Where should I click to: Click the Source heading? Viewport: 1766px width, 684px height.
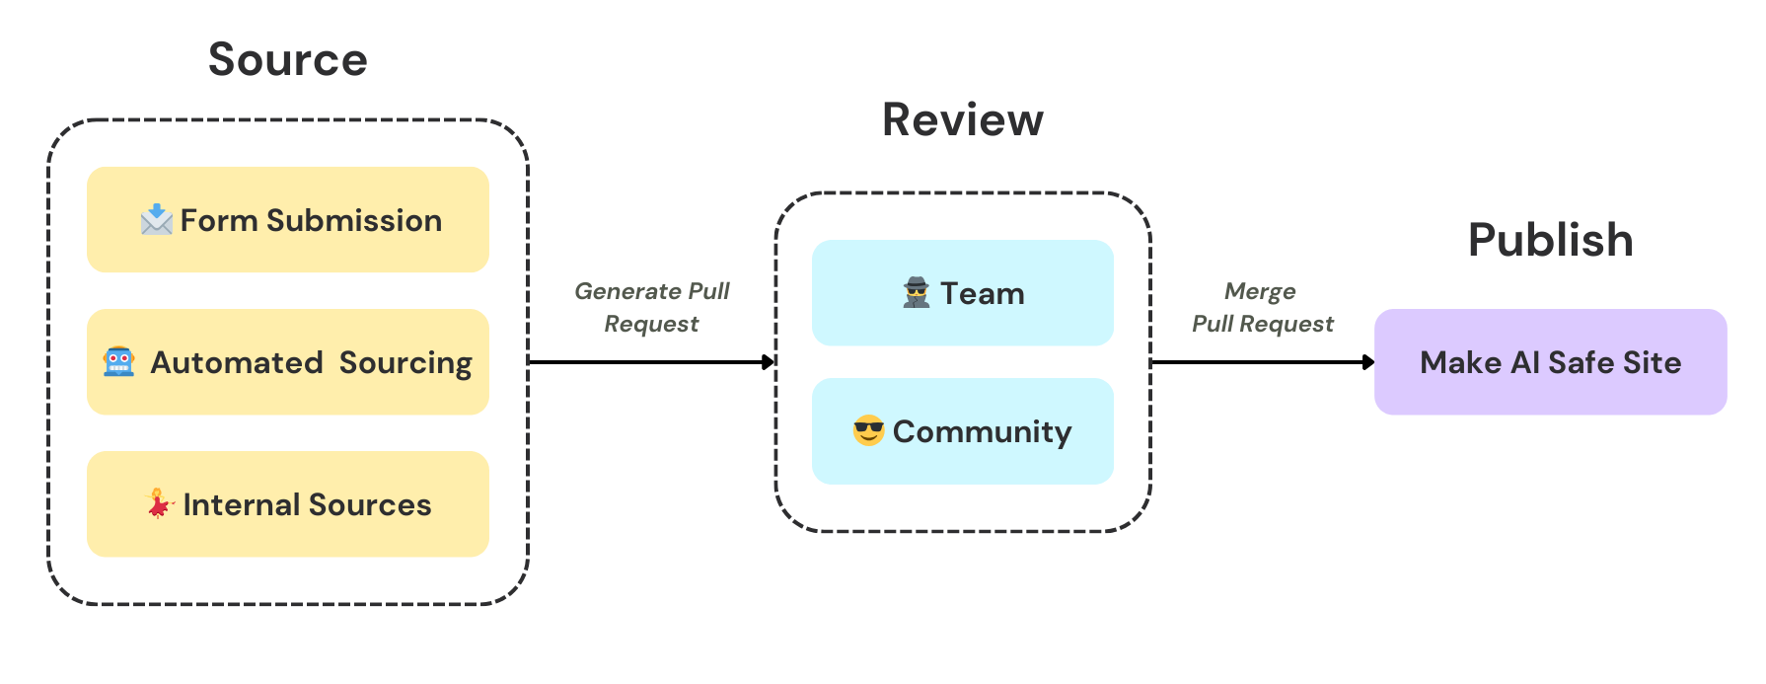288,60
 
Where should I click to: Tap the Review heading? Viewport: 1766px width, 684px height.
962,120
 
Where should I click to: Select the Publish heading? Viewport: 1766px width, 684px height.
1550,240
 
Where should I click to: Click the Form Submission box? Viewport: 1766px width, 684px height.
288,220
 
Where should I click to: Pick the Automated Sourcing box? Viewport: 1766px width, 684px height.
288,362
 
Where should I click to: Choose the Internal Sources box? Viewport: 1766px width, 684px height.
288,504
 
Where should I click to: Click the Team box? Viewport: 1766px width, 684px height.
963,293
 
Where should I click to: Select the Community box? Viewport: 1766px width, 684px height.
963,431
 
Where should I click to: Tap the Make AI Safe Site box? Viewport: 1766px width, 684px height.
1550,362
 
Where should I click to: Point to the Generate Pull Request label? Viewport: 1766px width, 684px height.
652,307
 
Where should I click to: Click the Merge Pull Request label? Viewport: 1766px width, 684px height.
1262,307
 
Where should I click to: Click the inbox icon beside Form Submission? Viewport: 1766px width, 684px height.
157,219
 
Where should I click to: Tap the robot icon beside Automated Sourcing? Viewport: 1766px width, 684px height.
119,361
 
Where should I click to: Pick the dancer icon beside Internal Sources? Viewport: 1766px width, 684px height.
158,503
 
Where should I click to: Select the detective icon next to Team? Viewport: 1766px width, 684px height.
917,293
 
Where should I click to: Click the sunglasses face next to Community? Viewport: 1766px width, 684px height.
868,431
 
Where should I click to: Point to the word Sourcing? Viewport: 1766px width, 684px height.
405,363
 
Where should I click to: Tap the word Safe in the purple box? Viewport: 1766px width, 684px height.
1581,362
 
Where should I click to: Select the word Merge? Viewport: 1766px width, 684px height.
1260,291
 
